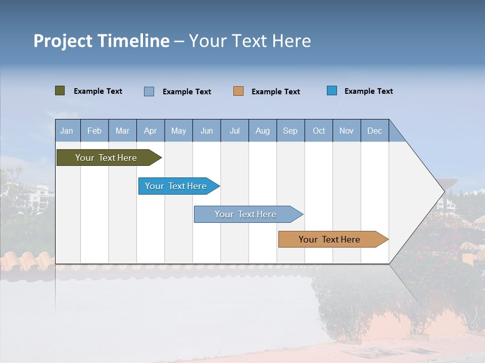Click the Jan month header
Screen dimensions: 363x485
67,131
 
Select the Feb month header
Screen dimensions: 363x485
94,131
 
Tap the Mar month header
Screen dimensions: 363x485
122,131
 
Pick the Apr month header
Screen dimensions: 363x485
151,131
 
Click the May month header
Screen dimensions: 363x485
178,131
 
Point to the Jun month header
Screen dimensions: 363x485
207,131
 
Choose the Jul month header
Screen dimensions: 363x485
234,131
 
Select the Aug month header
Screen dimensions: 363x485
263,131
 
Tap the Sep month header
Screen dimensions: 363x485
290,131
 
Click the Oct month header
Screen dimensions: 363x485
319,131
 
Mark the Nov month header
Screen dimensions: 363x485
347,131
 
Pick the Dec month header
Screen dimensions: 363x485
375,131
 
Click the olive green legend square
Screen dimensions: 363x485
60,91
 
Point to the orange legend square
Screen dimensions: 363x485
238,91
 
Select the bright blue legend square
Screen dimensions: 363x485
332,91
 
